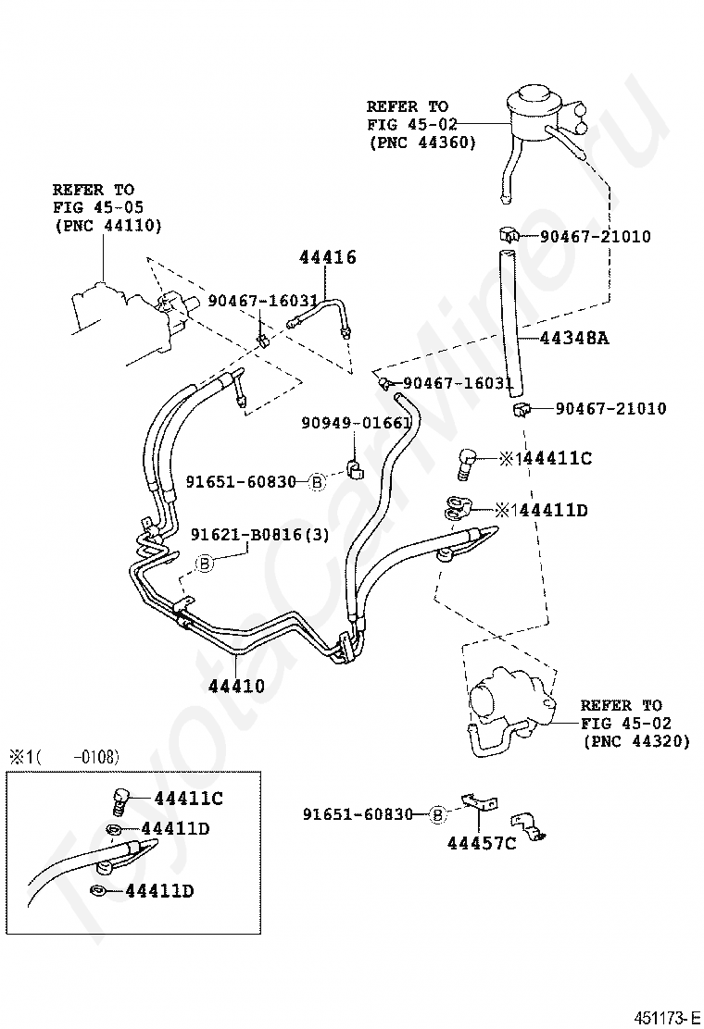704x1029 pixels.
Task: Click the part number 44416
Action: pyautogui.click(x=328, y=256)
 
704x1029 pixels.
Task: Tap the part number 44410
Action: pyautogui.click(x=236, y=686)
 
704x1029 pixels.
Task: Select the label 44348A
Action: pyautogui.click(x=574, y=338)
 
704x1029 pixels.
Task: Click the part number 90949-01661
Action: pyautogui.click(x=357, y=423)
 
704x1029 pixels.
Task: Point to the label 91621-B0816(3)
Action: pyautogui.click(x=260, y=535)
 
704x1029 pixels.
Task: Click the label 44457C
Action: pyautogui.click(x=482, y=843)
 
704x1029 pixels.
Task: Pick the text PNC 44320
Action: pyautogui.click(x=636, y=741)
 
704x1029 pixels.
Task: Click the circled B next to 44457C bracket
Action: pyautogui.click(x=437, y=815)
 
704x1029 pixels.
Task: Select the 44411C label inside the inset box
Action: pyautogui.click(x=188, y=798)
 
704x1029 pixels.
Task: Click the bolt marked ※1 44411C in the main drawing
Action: pyautogui.click(x=464, y=463)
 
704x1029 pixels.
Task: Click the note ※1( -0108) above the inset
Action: pyautogui.click(x=64, y=757)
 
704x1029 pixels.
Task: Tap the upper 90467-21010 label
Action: pyautogui.click(x=595, y=236)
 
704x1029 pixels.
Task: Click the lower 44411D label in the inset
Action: pyautogui.click(x=159, y=890)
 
